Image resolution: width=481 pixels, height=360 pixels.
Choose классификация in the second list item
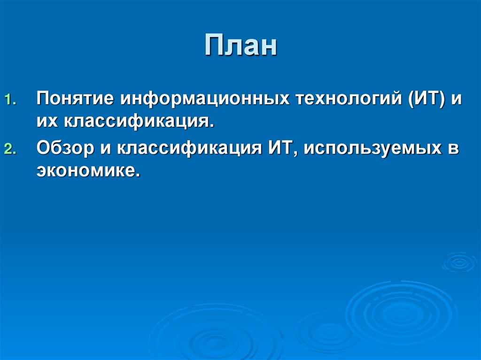[x=189, y=148]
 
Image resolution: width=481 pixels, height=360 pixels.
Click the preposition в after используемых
[x=453, y=148]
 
